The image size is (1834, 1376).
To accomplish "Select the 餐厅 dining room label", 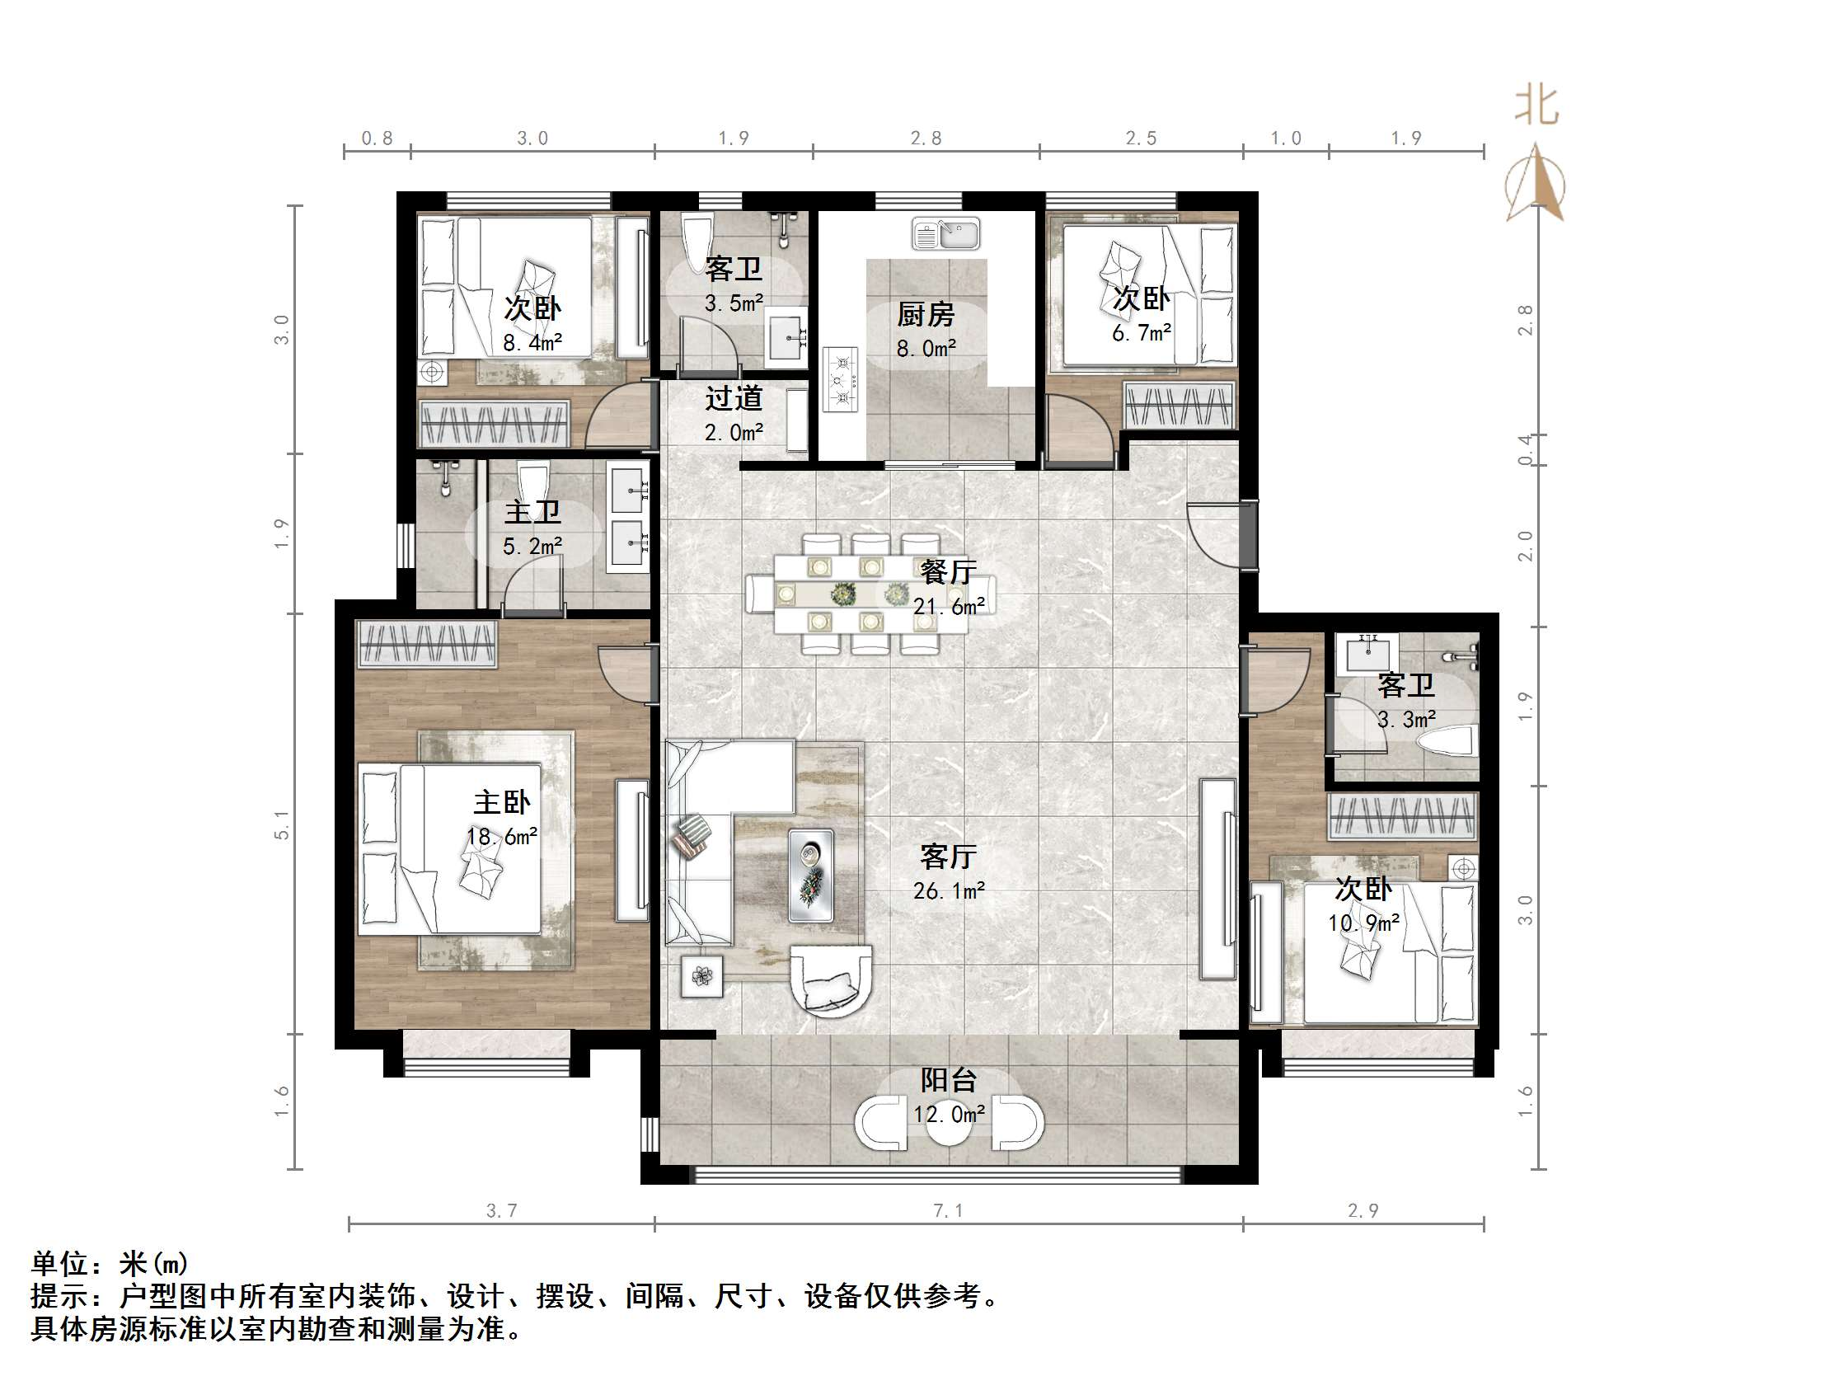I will pyautogui.click(x=948, y=571).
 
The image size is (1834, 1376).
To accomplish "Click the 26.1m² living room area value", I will pyautogui.click(x=949, y=890).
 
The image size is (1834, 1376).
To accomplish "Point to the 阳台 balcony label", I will pyautogui.click(x=949, y=1079).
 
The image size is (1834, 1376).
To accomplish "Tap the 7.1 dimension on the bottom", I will pyautogui.click(x=949, y=1211).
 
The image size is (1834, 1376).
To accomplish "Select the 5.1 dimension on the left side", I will pyautogui.click(x=283, y=824).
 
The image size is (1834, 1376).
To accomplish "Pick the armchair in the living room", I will pyautogui.click(x=832, y=981).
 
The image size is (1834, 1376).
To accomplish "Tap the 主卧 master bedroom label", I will pyautogui.click(x=502, y=802).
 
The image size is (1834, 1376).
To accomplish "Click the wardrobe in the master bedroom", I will pyautogui.click(x=428, y=644).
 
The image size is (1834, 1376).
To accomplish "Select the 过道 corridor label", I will pyautogui.click(x=733, y=399).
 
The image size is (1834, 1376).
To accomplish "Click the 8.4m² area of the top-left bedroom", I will pyautogui.click(x=532, y=341).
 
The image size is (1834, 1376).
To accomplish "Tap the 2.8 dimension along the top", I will pyautogui.click(x=926, y=139).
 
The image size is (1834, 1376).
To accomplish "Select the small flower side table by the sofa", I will pyautogui.click(x=702, y=976).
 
